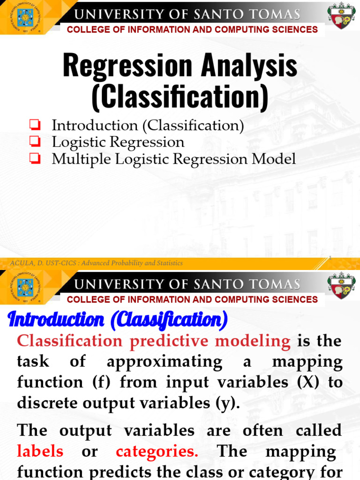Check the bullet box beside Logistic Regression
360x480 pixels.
click(x=34, y=142)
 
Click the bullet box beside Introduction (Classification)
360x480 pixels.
click(x=34, y=125)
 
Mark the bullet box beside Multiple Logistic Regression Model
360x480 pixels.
click(x=34, y=159)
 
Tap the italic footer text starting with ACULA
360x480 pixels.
click(x=96, y=263)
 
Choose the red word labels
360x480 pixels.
click(x=40, y=451)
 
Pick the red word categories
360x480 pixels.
click(x=157, y=451)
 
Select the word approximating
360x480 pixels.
click(x=164, y=361)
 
